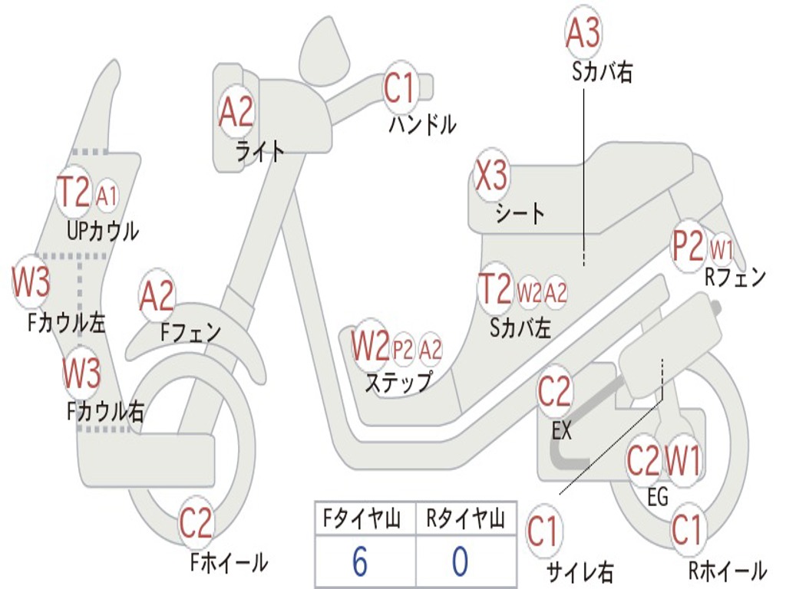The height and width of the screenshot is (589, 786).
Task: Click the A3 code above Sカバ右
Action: click(583, 32)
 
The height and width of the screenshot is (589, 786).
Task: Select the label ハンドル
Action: click(422, 124)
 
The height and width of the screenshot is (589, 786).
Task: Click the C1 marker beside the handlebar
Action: click(399, 89)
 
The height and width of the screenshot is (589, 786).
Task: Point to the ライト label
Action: click(259, 151)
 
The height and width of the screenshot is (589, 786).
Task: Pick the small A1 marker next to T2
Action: click(107, 196)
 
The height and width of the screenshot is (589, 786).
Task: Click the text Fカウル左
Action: click(66, 323)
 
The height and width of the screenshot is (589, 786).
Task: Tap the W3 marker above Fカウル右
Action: click(81, 373)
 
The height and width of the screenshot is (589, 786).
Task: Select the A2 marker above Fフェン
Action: click(157, 296)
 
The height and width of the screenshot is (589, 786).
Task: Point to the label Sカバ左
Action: click(520, 327)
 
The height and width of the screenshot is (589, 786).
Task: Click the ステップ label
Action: click(398, 381)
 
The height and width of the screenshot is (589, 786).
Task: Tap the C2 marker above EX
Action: click(554, 392)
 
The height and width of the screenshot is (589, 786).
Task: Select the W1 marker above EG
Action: click(682, 461)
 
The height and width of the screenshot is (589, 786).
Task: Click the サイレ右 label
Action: click(580, 571)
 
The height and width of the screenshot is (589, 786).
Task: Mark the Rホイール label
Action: click(726, 571)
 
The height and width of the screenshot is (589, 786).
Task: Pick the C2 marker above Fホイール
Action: click(196, 525)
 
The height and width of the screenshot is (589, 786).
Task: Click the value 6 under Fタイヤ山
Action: click(359, 562)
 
